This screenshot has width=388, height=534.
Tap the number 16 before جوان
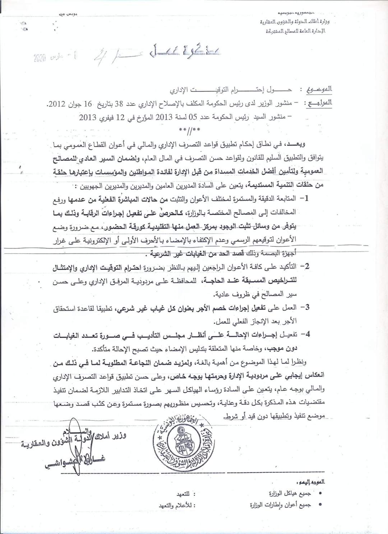point(88,104)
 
